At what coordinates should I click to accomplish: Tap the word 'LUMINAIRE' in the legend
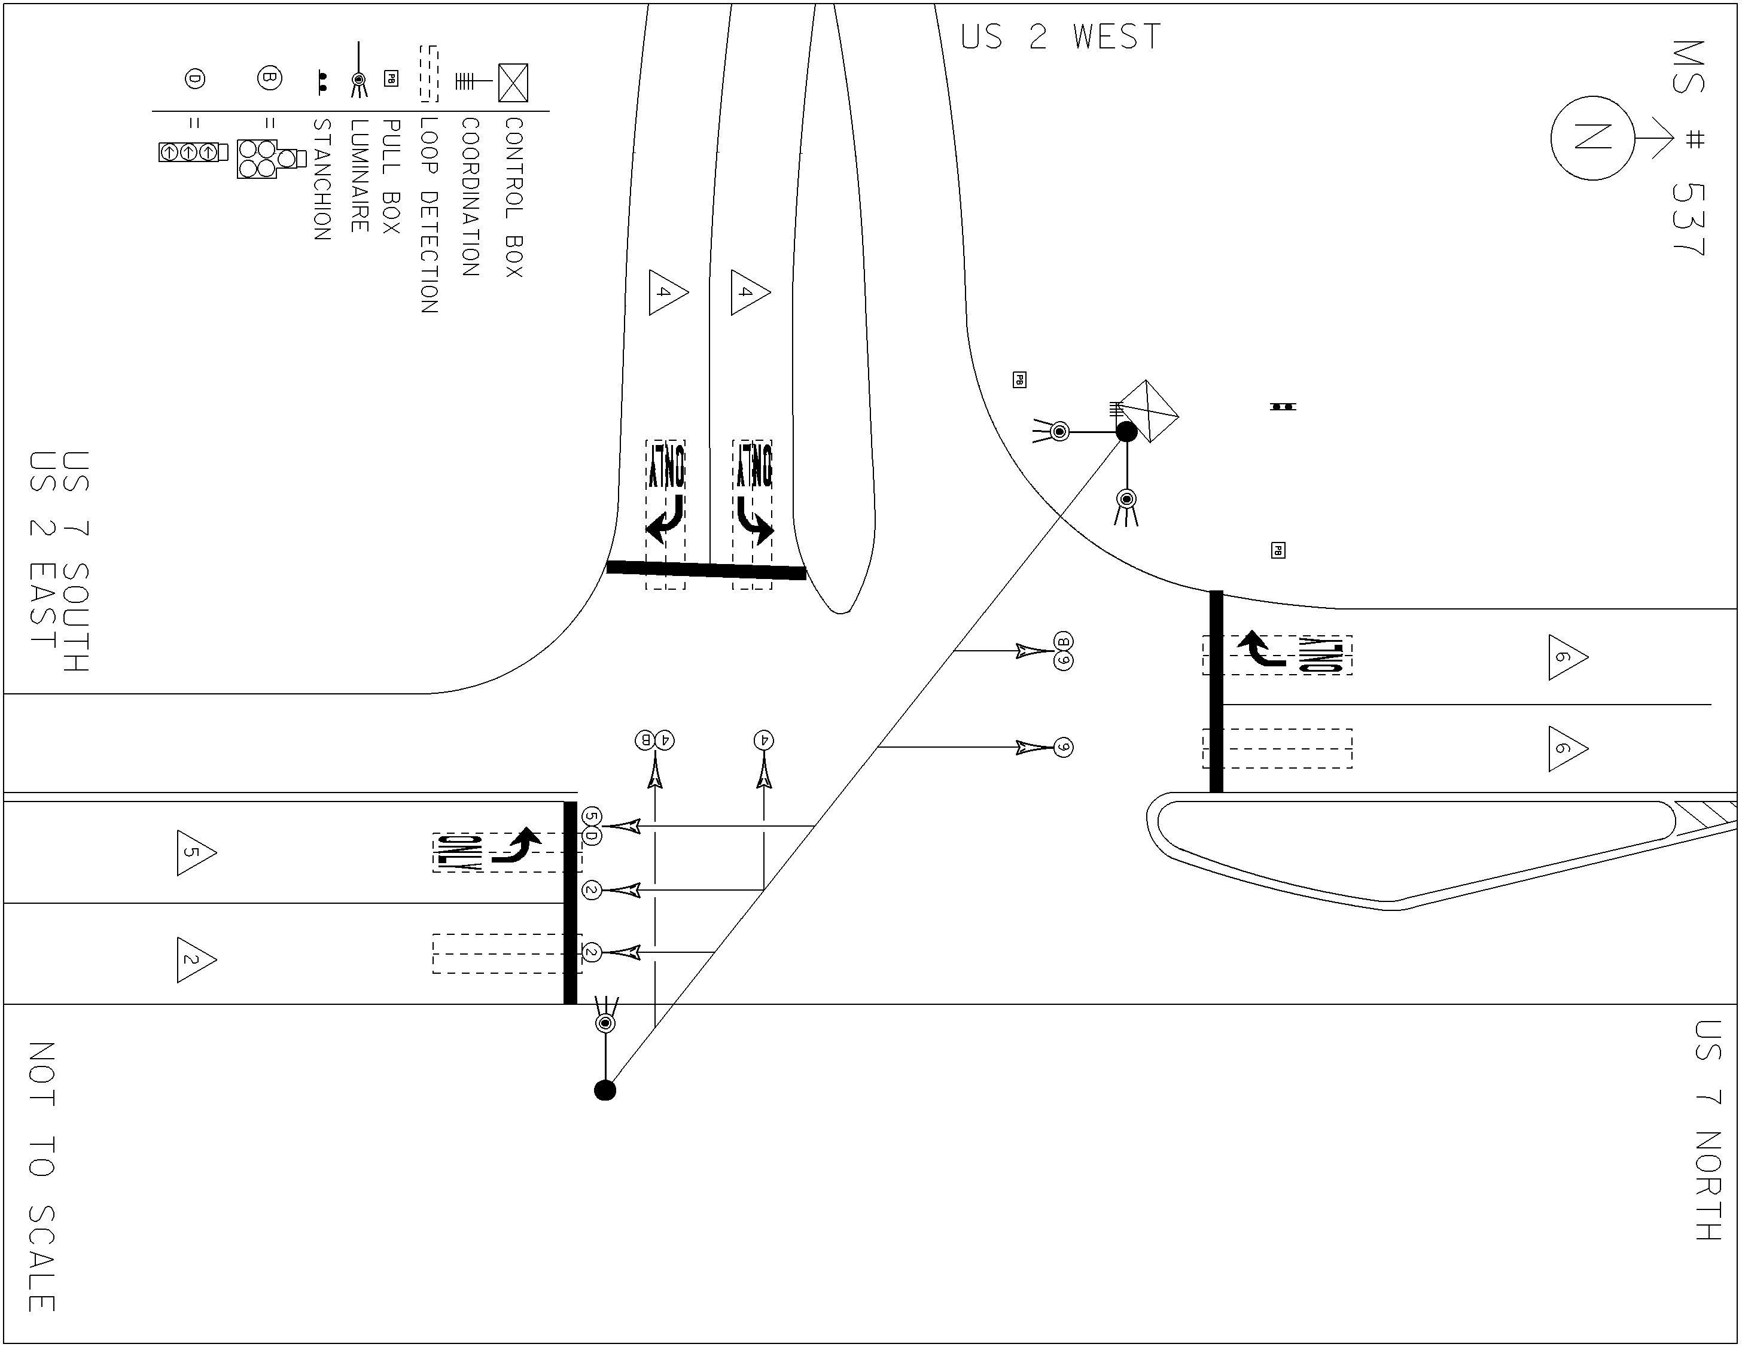coord(360,175)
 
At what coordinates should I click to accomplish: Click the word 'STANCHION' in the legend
coord(321,179)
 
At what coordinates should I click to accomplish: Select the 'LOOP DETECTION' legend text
coord(429,215)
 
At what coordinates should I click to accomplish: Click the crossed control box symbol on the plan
coord(1147,412)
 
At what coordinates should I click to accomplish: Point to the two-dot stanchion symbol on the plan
coord(1283,407)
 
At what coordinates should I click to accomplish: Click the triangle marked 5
coord(196,852)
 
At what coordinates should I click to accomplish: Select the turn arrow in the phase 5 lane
coord(516,848)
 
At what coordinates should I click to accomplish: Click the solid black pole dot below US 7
coord(605,1090)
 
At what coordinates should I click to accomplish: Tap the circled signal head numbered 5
coord(590,816)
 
